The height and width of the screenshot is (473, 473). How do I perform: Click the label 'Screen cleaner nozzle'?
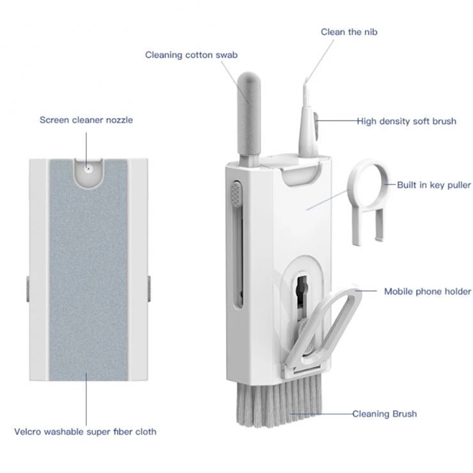click(86, 120)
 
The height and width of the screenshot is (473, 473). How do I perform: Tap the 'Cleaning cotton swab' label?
click(191, 55)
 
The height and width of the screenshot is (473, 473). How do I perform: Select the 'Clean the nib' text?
click(349, 32)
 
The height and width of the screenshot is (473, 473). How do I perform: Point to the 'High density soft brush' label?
click(406, 121)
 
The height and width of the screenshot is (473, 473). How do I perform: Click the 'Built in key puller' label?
click(434, 185)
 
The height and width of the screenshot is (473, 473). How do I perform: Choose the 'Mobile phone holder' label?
click(427, 291)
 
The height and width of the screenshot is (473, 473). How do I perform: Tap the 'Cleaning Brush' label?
click(385, 413)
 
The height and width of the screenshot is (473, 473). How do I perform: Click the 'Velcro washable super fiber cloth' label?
click(85, 432)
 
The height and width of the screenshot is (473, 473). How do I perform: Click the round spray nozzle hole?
click(88, 169)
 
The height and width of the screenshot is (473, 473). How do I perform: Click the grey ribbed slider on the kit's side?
click(236, 194)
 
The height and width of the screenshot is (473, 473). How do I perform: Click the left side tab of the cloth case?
click(28, 289)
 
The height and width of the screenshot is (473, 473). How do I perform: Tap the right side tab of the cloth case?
click(149, 289)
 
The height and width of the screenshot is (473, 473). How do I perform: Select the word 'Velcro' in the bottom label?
click(27, 432)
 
